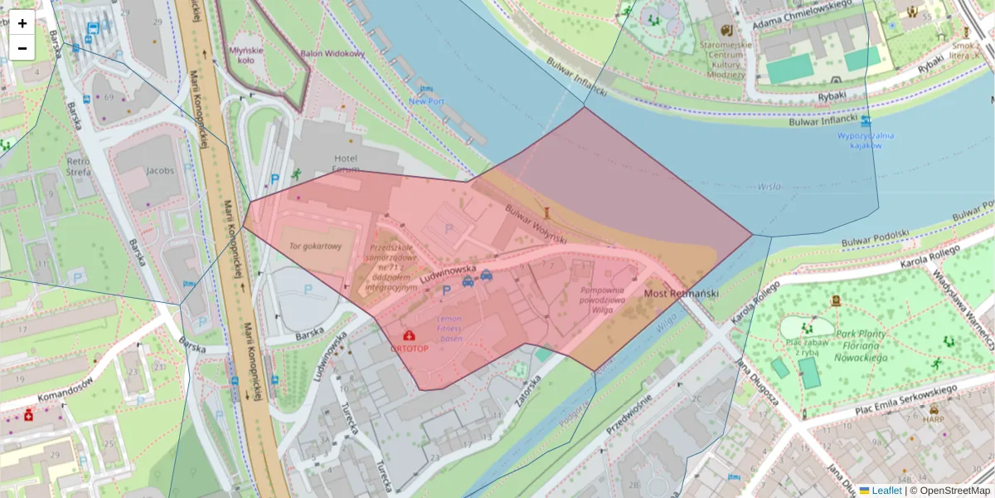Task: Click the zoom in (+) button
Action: tap(22, 23)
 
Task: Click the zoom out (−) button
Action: tap(22, 48)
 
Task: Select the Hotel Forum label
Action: tap(346, 164)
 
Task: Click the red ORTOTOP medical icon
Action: tap(409, 335)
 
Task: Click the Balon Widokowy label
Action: tap(332, 54)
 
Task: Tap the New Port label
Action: tap(426, 101)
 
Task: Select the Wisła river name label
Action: tap(769, 187)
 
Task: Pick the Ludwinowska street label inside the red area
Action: tap(448, 275)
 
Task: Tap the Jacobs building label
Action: tap(160, 171)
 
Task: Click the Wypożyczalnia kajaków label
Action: tap(865, 139)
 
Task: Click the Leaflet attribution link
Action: tap(886, 491)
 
